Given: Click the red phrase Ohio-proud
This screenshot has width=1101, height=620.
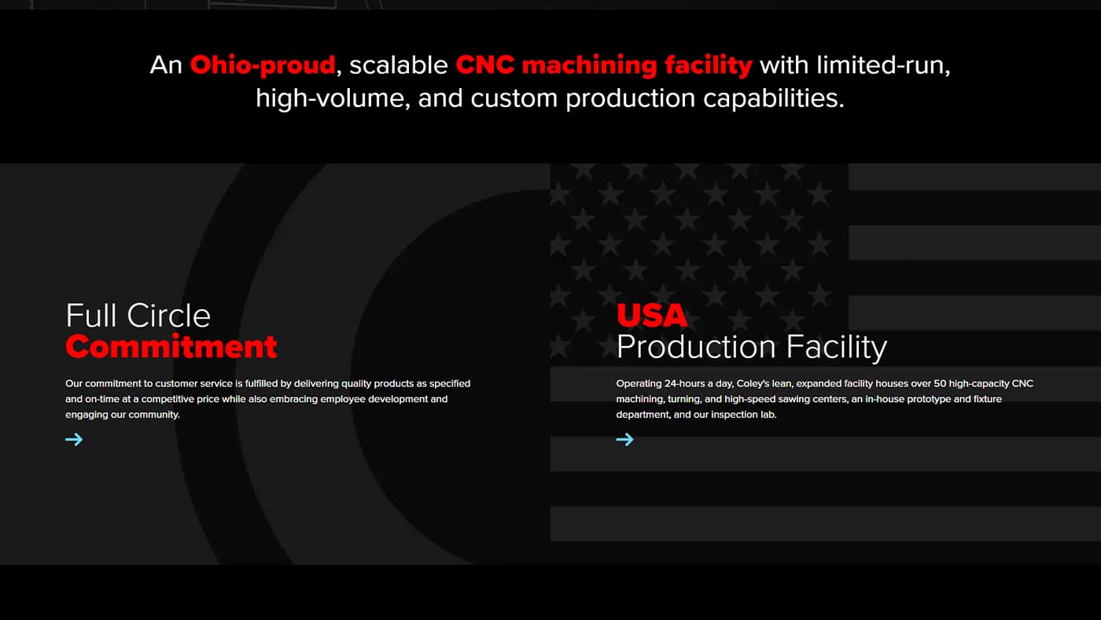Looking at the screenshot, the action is pyautogui.click(x=263, y=65).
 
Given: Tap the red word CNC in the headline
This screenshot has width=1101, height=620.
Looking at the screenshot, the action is pyautogui.click(x=485, y=65).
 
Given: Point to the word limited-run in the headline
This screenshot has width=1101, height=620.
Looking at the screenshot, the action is pyautogui.click(x=882, y=65).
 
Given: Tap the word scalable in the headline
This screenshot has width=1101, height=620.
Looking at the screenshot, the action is pyautogui.click(x=399, y=65).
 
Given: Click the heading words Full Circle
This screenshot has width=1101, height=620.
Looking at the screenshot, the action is pyautogui.click(x=138, y=316).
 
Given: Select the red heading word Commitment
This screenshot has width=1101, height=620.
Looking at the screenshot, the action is pyautogui.click(x=171, y=347).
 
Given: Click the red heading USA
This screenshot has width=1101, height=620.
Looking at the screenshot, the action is pyautogui.click(x=652, y=316).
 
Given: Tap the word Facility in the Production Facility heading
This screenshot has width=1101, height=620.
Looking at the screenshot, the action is pyautogui.click(x=837, y=348).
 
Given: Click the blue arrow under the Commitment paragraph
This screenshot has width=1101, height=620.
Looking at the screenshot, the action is pyautogui.click(x=74, y=440).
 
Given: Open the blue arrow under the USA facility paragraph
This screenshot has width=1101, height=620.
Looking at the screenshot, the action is pyautogui.click(x=625, y=440).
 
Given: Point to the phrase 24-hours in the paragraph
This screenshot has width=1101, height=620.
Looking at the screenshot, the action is pyautogui.click(x=685, y=383).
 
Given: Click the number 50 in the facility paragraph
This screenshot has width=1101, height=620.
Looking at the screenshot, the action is pyautogui.click(x=940, y=383).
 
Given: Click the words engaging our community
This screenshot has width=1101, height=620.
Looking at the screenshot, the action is pyautogui.click(x=123, y=415).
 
